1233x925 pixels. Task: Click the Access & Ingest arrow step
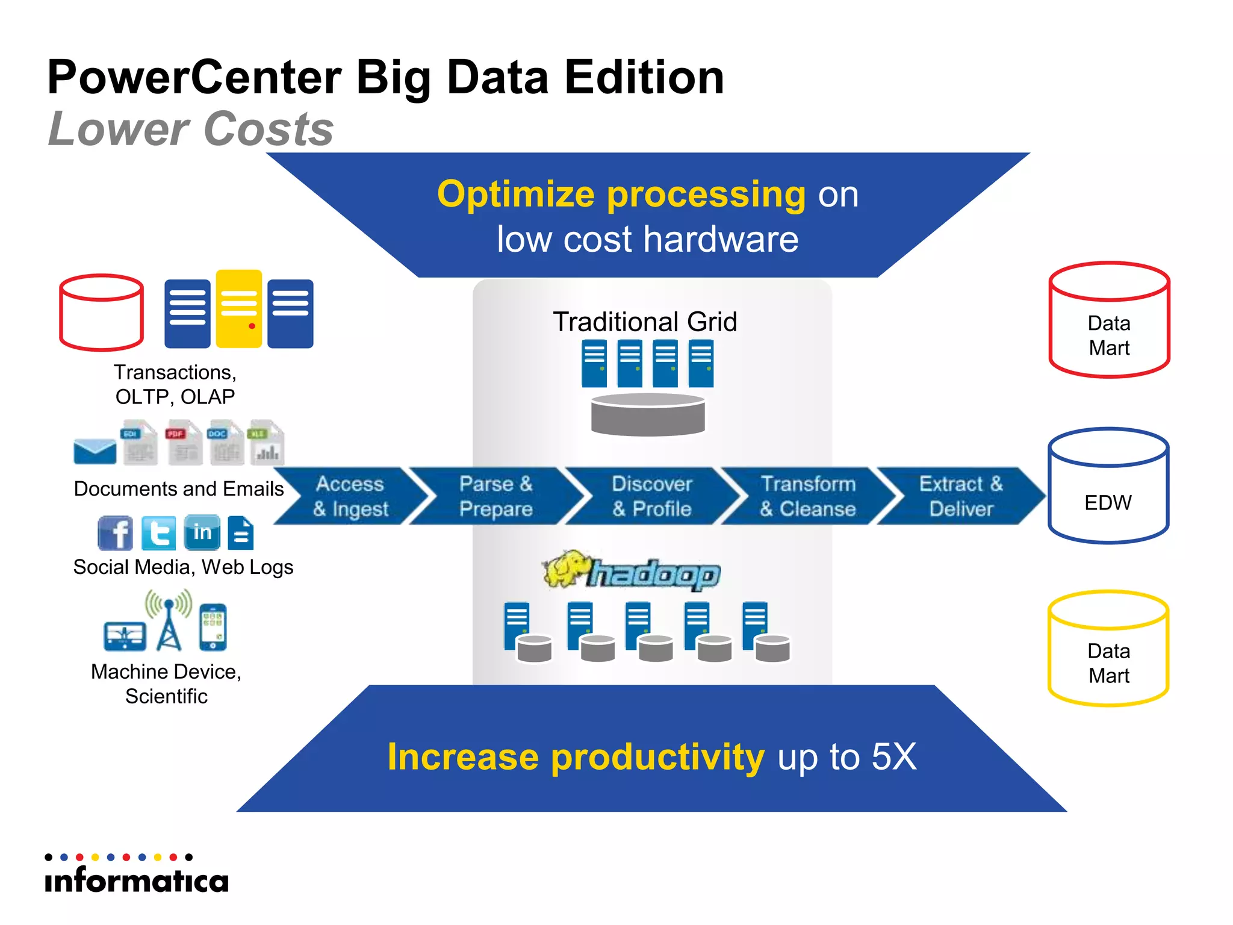(x=351, y=496)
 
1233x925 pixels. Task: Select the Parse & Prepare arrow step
(x=496, y=496)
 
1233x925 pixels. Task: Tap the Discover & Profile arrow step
(x=652, y=496)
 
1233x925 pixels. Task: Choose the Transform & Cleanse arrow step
(x=808, y=496)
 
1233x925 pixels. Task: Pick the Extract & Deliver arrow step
(x=961, y=496)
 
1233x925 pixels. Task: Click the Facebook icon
(x=115, y=533)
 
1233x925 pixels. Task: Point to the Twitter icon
(x=159, y=533)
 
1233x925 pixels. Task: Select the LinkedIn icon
(x=202, y=532)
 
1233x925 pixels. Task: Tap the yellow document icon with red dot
(x=239, y=308)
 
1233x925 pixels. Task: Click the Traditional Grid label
(x=645, y=322)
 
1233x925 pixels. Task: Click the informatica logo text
(x=137, y=880)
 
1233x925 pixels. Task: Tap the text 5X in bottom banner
(x=893, y=756)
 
